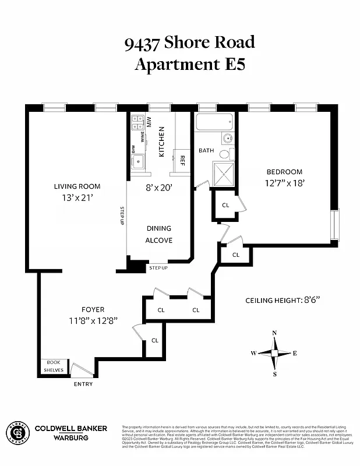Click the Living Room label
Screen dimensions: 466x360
tap(77, 186)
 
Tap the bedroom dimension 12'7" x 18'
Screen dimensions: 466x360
tap(285, 182)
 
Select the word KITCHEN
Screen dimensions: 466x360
tap(162, 143)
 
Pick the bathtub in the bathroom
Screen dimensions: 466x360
tap(214, 122)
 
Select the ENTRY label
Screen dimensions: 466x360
tap(83, 384)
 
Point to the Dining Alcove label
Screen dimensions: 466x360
tap(159, 234)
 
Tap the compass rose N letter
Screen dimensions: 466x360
tap(274, 333)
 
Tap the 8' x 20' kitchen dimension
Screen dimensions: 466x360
tap(159, 188)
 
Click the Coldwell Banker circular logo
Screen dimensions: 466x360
tap(17, 432)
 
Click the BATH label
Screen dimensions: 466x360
tap(206, 150)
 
